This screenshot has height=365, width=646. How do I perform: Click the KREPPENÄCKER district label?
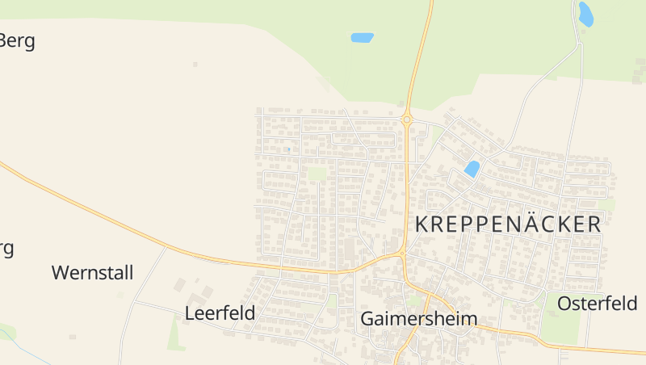pyautogui.click(x=508, y=224)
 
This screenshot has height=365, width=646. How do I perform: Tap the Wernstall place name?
pyautogui.click(x=92, y=273)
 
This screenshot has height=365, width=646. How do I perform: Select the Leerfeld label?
pyautogui.click(x=220, y=313)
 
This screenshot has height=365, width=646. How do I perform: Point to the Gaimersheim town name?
pyautogui.click(x=418, y=319)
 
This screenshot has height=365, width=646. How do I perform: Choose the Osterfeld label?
pyautogui.click(x=597, y=304)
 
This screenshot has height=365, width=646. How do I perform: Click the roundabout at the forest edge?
pyautogui.click(x=407, y=120)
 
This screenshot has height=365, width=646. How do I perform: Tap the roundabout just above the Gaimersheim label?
pyautogui.click(x=402, y=256)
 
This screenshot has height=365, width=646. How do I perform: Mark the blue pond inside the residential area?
pyautogui.click(x=472, y=169)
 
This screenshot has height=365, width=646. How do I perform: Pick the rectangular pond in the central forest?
pyautogui.click(x=362, y=37)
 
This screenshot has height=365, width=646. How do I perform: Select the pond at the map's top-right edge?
pyautogui.click(x=585, y=14)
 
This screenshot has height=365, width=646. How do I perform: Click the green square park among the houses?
pyautogui.click(x=317, y=174)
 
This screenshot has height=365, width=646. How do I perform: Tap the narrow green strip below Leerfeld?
pyautogui.click(x=174, y=333)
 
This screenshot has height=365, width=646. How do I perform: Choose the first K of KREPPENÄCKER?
pyautogui.click(x=422, y=224)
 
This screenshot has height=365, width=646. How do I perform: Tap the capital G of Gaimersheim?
pyautogui.click(x=367, y=319)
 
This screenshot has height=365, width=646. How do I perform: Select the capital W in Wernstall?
pyautogui.click(x=61, y=273)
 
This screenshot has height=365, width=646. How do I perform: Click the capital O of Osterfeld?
pyautogui.click(x=565, y=304)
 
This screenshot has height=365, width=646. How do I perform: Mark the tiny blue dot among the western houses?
pyautogui.click(x=288, y=149)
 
